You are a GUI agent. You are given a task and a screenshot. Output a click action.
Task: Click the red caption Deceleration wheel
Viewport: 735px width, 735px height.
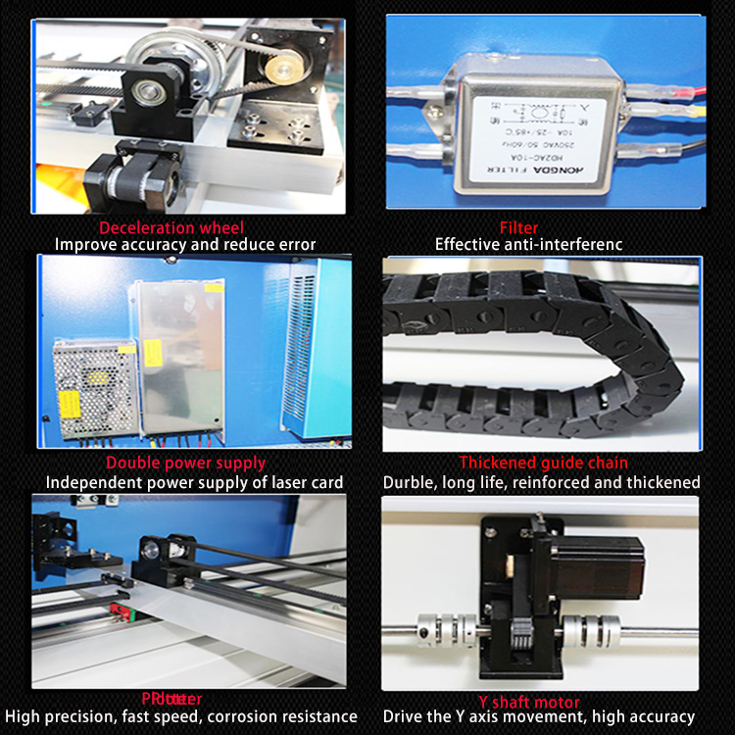[186, 228]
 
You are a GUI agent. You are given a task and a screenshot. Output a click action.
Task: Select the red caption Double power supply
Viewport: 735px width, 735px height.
[186, 463]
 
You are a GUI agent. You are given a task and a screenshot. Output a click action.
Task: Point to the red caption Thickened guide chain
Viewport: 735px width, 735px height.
[544, 463]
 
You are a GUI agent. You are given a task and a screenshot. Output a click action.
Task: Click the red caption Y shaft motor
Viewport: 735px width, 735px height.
[529, 702]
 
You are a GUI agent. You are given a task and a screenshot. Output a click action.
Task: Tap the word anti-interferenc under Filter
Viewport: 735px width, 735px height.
[561, 245]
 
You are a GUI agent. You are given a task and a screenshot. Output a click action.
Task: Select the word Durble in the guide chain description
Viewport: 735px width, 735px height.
[410, 482]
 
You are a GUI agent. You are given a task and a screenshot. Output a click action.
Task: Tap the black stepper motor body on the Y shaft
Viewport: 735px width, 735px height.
[608, 568]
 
